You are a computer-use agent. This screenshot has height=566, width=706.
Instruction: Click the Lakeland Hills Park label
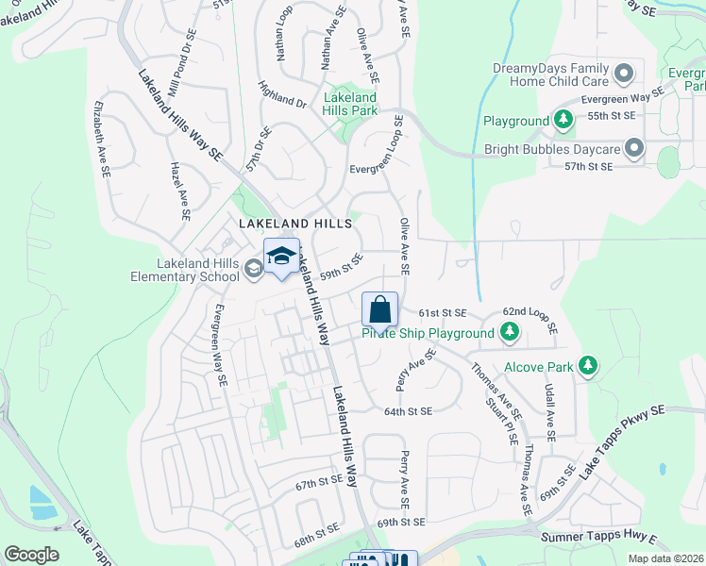click(x=350, y=104)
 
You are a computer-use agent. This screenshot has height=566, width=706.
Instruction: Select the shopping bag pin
click(x=379, y=309)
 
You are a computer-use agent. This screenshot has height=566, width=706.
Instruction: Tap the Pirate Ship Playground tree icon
click(x=509, y=332)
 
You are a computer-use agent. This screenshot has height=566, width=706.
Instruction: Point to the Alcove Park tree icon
click(x=588, y=365)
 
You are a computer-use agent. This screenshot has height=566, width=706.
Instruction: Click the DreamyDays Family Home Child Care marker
click(x=624, y=73)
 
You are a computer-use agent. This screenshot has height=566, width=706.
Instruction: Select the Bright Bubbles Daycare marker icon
click(x=633, y=148)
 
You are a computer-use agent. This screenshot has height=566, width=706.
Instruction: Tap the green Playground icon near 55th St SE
click(x=563, y=120)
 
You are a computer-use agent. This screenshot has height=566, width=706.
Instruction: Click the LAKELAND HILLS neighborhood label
click(x=294, y=224)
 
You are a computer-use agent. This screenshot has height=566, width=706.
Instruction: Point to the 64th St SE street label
click(x=408, y=411)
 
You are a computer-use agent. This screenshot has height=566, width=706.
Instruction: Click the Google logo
click(x=32, y=554)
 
